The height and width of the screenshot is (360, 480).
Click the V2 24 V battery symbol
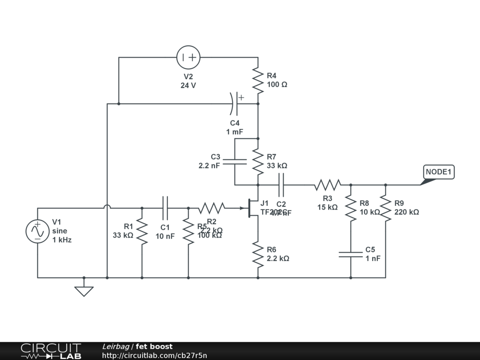click(x=188, y=58)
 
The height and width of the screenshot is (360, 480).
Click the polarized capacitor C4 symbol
click(x=235, y=104)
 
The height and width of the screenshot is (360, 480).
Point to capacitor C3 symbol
click(x=234, y=162)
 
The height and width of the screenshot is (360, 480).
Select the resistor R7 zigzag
click(x=258, y=161)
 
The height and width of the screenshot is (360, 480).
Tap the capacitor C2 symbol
click(x=281, y=185)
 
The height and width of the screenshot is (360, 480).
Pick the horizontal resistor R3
click(x=327, y=185)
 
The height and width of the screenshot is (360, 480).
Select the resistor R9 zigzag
click(x=385, y=208)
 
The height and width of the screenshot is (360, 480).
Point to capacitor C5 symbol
click(x=351, y=254)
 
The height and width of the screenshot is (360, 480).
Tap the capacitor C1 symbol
click(x=165, y=208)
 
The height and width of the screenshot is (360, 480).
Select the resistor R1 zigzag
click(x=142, y=231)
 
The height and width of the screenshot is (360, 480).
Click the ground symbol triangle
click(x=84, y=291)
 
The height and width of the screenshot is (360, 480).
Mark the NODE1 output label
click(x=438, y=172)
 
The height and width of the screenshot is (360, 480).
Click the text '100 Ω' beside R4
click(x=277, y=85)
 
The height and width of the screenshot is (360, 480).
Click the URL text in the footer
click(x=154, y=355)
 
